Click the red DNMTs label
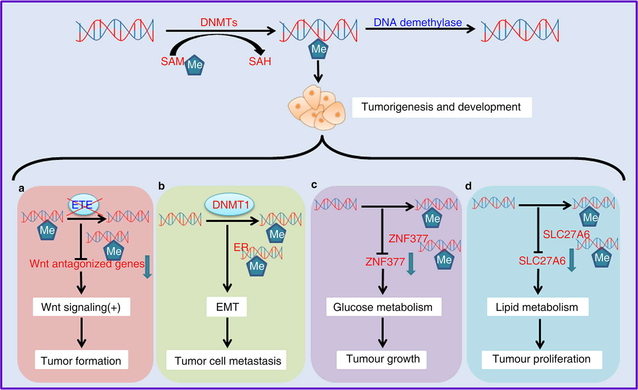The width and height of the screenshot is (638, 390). pyautogui.click(x=219, y=22)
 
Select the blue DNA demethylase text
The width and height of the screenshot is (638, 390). pyautogui.click(x=418, y=23)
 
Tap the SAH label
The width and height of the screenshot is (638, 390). pyautogui.click(x=260, y=61)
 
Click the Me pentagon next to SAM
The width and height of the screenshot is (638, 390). pyautogui.click(x=195, y=65)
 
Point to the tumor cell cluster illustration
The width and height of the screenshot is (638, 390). pyautogui.click(x=317, y=107)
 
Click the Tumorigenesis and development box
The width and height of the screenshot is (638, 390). pyautogui.click(x=442, y=107)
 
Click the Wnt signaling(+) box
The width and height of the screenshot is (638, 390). pyautogui.click(x=81, y=307)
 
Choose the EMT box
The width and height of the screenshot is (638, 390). pyautogui.click(x=227, y=307)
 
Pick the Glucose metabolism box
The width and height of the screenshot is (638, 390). pyautogui.click(x=384, y=307)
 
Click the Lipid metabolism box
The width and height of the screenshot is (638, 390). pyautogui.click(x=537, y=307)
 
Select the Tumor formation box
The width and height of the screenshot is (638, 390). pyautogui.click(x=81, y=360)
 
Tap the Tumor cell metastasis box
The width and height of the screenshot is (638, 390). pyautogui.click(x=227, y=360)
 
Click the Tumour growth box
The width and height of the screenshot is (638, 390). pyautogui.click(x=382, y=359)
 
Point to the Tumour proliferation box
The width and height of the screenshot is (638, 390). pyautogui.click(x=542, y=359)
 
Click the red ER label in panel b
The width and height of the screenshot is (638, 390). pyautogui.click(x=241, y=247)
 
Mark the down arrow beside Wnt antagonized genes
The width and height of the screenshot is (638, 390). pyautogui.click(x=147, y=266)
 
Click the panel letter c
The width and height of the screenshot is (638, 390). pyautogui.click(x=314, y=185)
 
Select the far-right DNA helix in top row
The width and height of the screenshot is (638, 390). pyautogui.click(x=520, y=30)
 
